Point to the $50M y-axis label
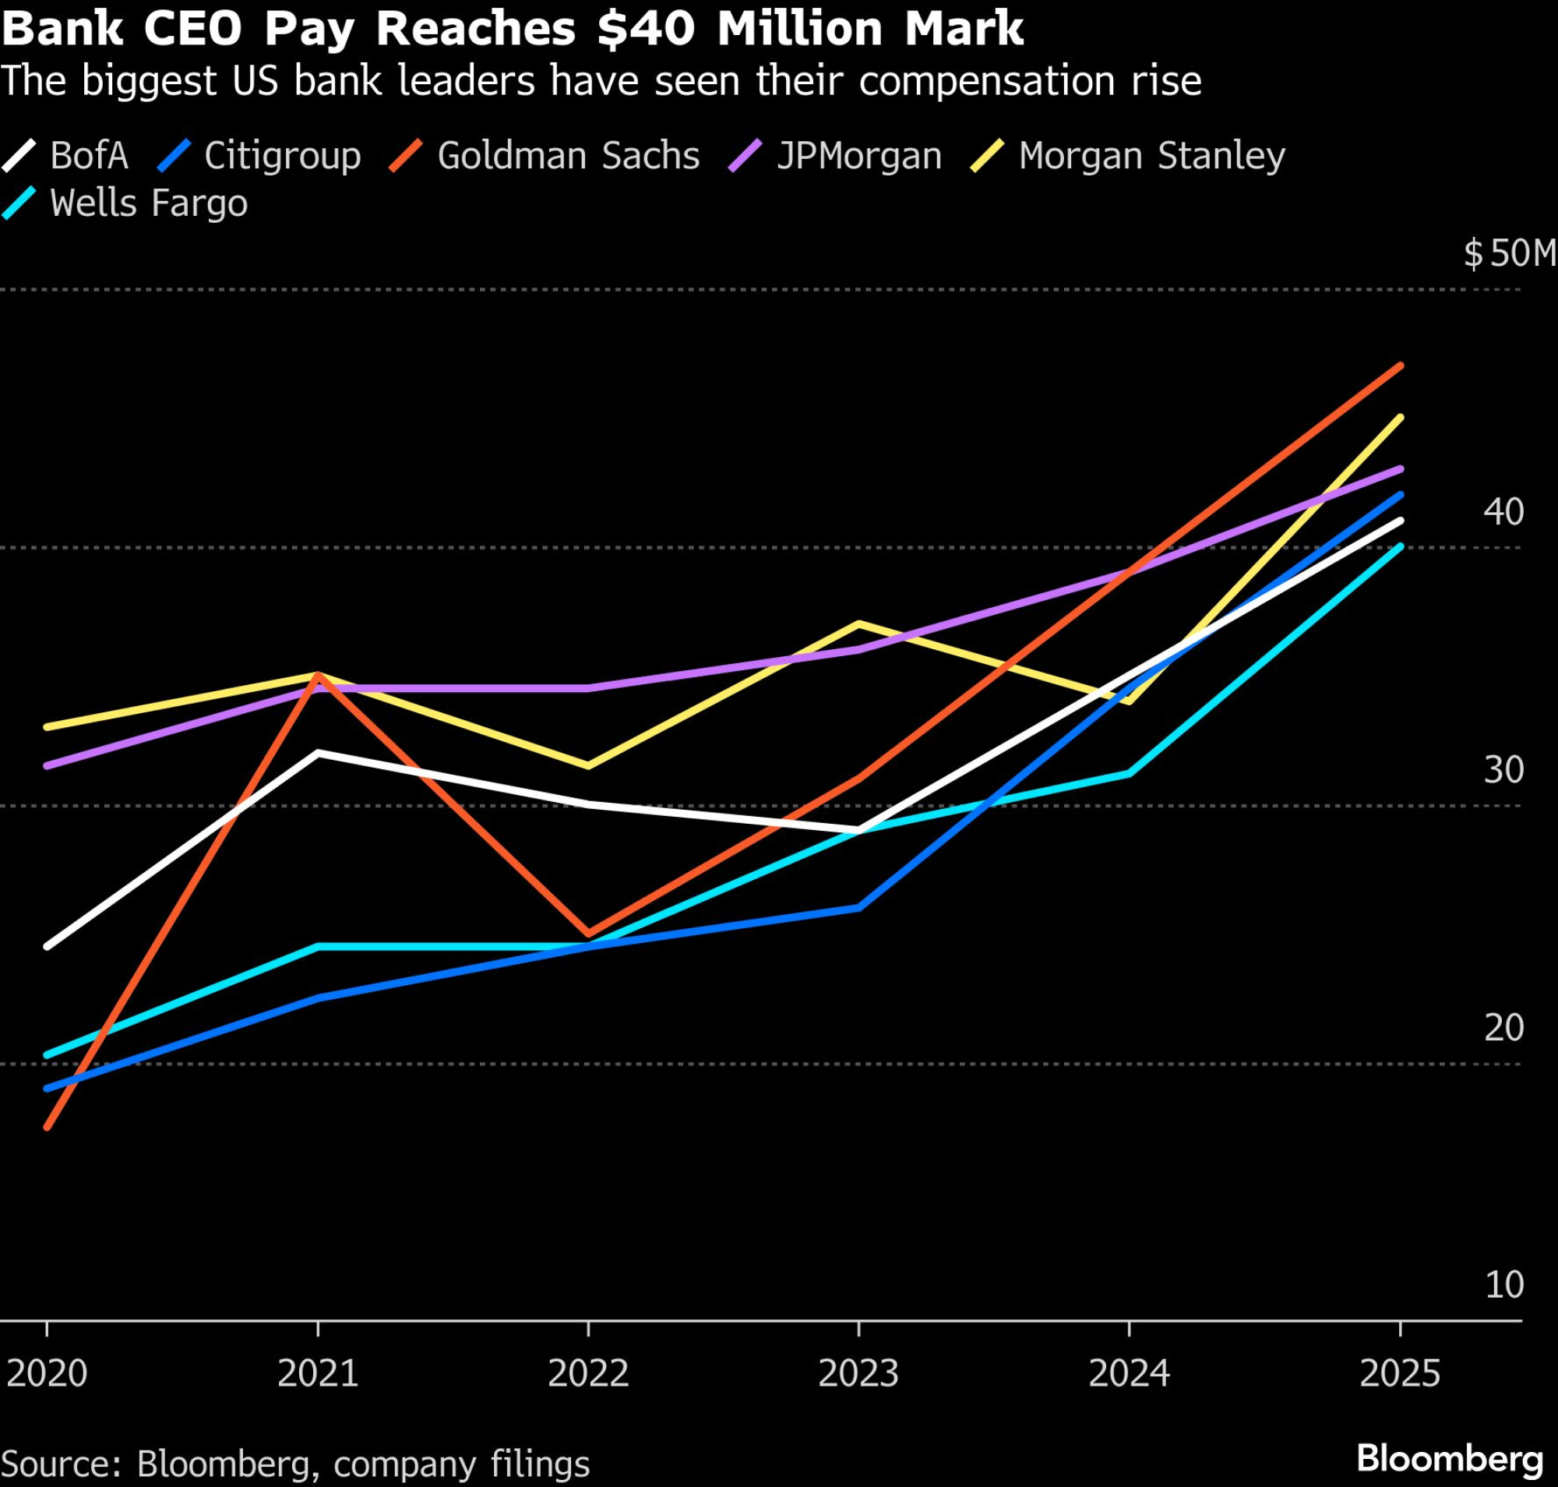click(1509, 254)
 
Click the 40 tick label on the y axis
click(1503, 512)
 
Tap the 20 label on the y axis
click(1503, 1028)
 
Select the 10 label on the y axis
click(1503, 1285)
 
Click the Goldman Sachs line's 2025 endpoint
click(1401, 366)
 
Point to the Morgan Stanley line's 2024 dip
click(1130, 701)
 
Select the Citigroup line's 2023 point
click(858, 908)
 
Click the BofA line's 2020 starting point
click(48, 945)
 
